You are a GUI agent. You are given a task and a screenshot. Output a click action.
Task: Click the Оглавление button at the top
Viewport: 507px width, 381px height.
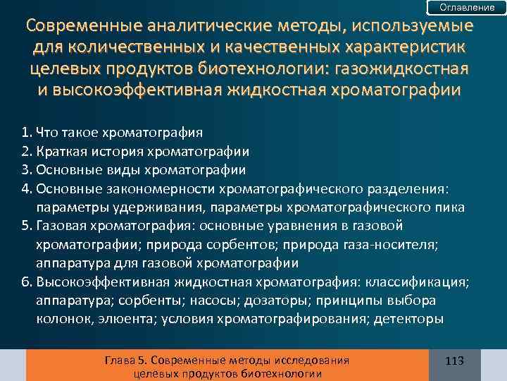[467, 7]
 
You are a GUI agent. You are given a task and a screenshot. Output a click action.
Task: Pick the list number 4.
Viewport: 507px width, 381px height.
[25, 188]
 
